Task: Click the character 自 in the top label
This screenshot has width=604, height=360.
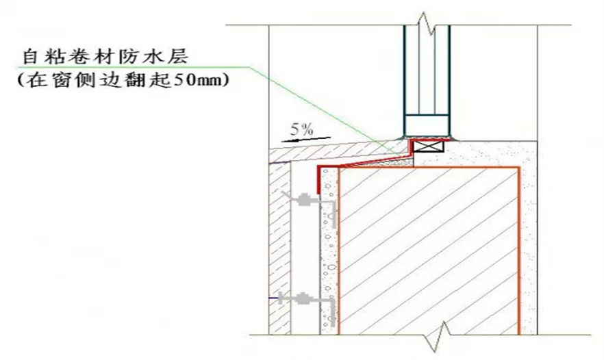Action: [30, 56]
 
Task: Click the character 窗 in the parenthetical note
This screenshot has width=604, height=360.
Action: [61, 80]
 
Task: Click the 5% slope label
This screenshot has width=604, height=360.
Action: [301, 129]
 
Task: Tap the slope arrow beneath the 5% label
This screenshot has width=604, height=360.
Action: [306, 139]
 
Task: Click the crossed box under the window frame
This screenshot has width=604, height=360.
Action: [429, 146]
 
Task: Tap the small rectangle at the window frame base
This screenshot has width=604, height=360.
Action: [427, 125]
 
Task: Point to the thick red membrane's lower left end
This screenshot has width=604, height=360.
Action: [318, 192]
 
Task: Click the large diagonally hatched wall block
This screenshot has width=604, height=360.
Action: [429, 251]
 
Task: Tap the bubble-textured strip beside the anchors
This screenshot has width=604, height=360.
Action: [329, 251]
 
